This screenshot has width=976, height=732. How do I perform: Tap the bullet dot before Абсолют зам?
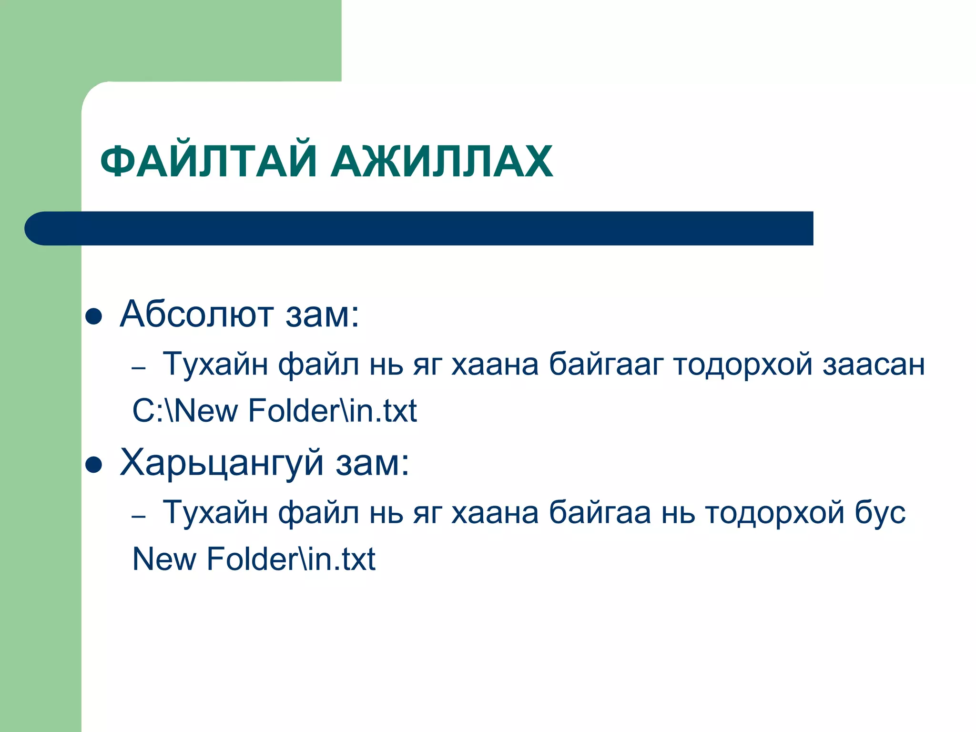94,316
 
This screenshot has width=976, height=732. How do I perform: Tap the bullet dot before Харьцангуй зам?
94,465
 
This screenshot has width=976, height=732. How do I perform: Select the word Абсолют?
197,315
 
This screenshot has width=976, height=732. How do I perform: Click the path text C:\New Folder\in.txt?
274,411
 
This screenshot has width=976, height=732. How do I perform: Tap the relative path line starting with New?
254,559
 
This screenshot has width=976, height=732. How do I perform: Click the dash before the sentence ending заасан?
138,368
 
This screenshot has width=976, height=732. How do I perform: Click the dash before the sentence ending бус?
138,516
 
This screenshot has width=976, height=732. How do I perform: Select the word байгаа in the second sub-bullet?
600,513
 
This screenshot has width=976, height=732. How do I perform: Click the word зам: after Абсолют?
322,315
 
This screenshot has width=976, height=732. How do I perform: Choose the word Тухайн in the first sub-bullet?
215,365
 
